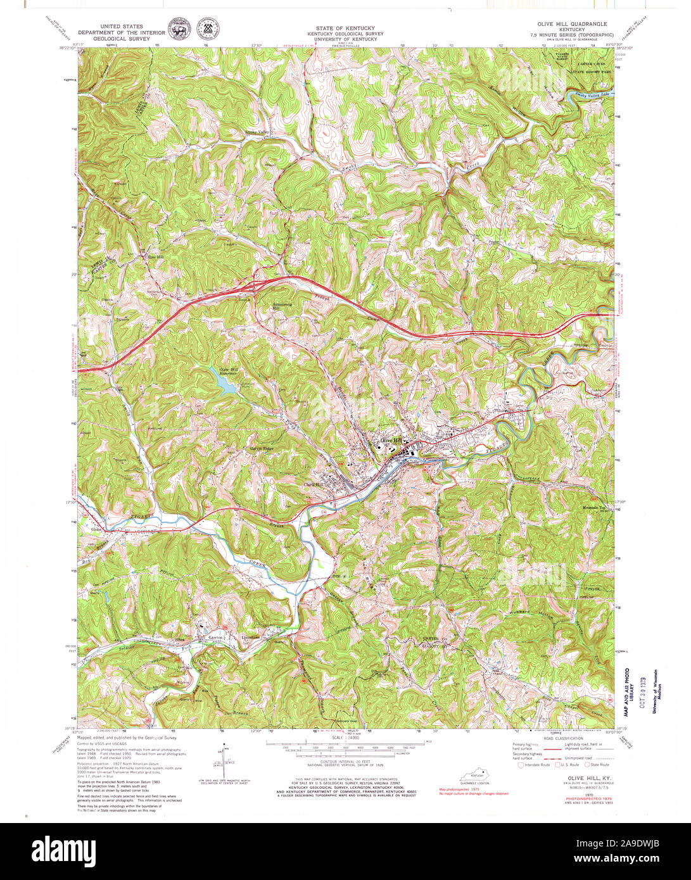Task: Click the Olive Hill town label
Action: coord(390,441)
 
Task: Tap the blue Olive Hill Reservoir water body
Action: coord(225,387)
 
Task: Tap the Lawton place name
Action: coord(216,638)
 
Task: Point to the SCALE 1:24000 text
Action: coord(346,738)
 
